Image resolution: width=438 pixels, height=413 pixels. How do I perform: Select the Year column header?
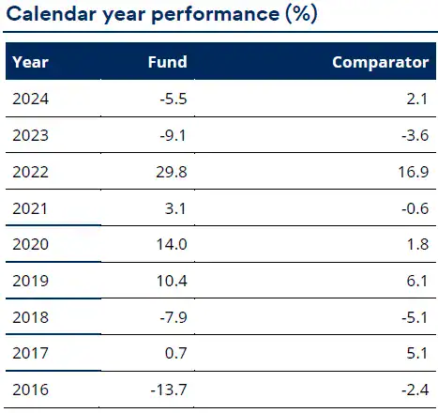click(30, 63)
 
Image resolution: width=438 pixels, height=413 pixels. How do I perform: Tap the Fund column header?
click(168, 63)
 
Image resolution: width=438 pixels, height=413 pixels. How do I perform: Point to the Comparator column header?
click(381, 63)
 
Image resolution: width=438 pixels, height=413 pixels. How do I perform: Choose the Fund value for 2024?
click(174, 99)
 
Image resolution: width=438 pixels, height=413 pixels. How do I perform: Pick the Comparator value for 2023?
click(414, 135)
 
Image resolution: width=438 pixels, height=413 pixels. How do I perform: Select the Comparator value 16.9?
click(412, 172)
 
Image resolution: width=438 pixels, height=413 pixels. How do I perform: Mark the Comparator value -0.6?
click(414, 208)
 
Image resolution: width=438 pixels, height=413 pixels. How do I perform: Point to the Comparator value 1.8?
click(417, 245)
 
